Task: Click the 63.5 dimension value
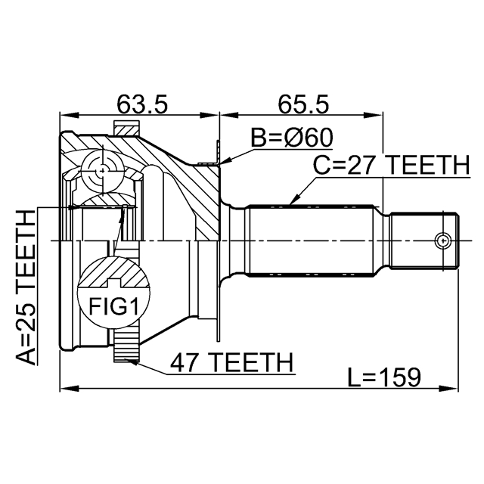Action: click(x=141, y=104)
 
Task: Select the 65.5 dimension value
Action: click(x=300, y=104)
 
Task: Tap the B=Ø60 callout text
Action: click(x=292, y=138)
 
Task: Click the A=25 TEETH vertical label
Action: click(x=26, y=287)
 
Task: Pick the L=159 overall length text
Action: click(x=383, y=376)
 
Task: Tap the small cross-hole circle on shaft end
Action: click(x=442, y=240)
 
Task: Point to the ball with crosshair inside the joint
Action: click(x=101, y=169)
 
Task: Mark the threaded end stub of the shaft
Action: click(x=423, y=240)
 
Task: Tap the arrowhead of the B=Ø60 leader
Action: click(x=225, y=160)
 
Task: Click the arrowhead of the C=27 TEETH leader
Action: click(x=291, y=203)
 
